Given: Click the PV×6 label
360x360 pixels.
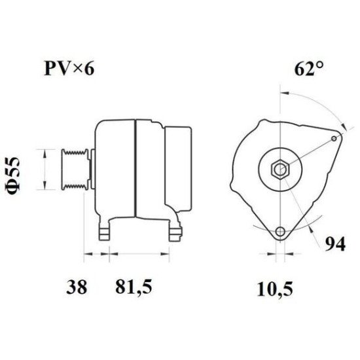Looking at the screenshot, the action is pyautogui.click(x=69, y=69).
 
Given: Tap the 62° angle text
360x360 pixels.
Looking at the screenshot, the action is pyautogui.click(x=309, y=69).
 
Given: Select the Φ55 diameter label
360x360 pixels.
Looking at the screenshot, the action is pyautogui.click(x=12, y=174).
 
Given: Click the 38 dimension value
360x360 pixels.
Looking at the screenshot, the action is pyautogui.click(x=77, y=287).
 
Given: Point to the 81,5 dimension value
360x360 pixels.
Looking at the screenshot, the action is pyautogui.click(x=134, y=287).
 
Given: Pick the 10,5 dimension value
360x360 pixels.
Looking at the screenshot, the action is pyautogui.click(x=275, y=289).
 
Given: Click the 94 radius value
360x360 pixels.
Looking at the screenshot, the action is pyautogui.click(x=335, y=245).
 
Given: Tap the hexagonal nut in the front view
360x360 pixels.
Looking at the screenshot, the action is pyautogui.click(x=280, y=170).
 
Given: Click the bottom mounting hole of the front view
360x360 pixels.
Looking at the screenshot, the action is pyautogui.click(x=280, y=232).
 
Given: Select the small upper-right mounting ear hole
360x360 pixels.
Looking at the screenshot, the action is pyautogui.click(x=334, y=139).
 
